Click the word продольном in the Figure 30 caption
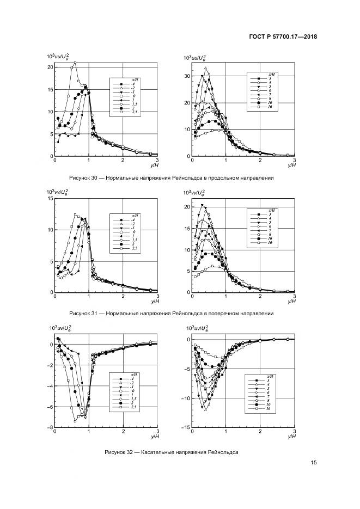click(218, 178)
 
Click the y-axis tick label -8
click(50, 428)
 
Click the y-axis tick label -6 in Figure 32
click(50, 407)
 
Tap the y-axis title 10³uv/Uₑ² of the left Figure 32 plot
click(58, 329)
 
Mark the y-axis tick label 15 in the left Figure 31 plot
click(50, 199)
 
